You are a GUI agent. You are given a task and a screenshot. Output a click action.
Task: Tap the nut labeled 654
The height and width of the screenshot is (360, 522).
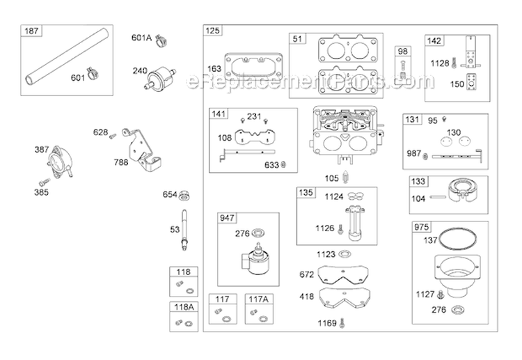pos(186,194)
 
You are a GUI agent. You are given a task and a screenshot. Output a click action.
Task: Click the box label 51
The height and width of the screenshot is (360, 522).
pos(298,39)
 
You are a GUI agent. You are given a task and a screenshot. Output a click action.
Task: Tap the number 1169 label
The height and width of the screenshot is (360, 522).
pos(326,322)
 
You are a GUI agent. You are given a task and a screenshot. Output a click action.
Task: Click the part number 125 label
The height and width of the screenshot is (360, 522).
pos(212,31)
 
